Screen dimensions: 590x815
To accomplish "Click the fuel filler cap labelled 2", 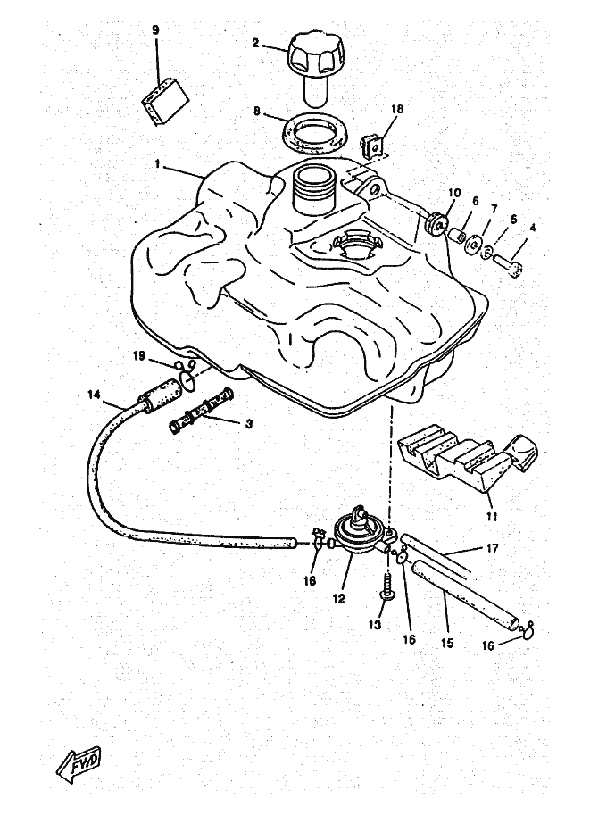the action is (x=316, y=65).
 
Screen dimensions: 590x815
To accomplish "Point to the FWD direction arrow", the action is (x=79, y=768).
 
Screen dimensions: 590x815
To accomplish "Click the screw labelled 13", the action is (x=387, y=586).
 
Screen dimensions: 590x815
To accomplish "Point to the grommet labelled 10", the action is (x=436, y=224).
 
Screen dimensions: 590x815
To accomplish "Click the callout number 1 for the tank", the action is (x=157, y=163).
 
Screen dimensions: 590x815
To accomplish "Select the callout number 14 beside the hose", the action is (x=94, y=395).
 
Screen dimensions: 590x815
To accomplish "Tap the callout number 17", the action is (x=493, y=548).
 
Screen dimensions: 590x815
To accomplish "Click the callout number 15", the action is (x=447, y=643).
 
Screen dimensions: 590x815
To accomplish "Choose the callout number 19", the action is (x=138, y=355).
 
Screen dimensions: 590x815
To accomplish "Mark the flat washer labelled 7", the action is (x=474, y=244).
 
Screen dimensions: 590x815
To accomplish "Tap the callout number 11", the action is (x=492, y=517).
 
